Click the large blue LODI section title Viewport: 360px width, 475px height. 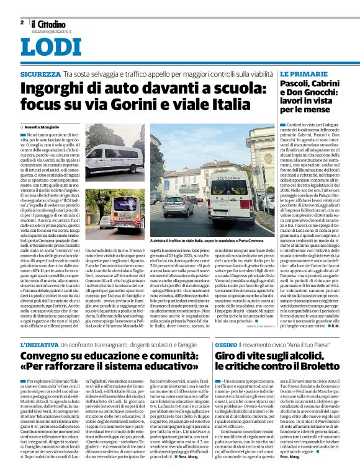coord(46,48)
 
